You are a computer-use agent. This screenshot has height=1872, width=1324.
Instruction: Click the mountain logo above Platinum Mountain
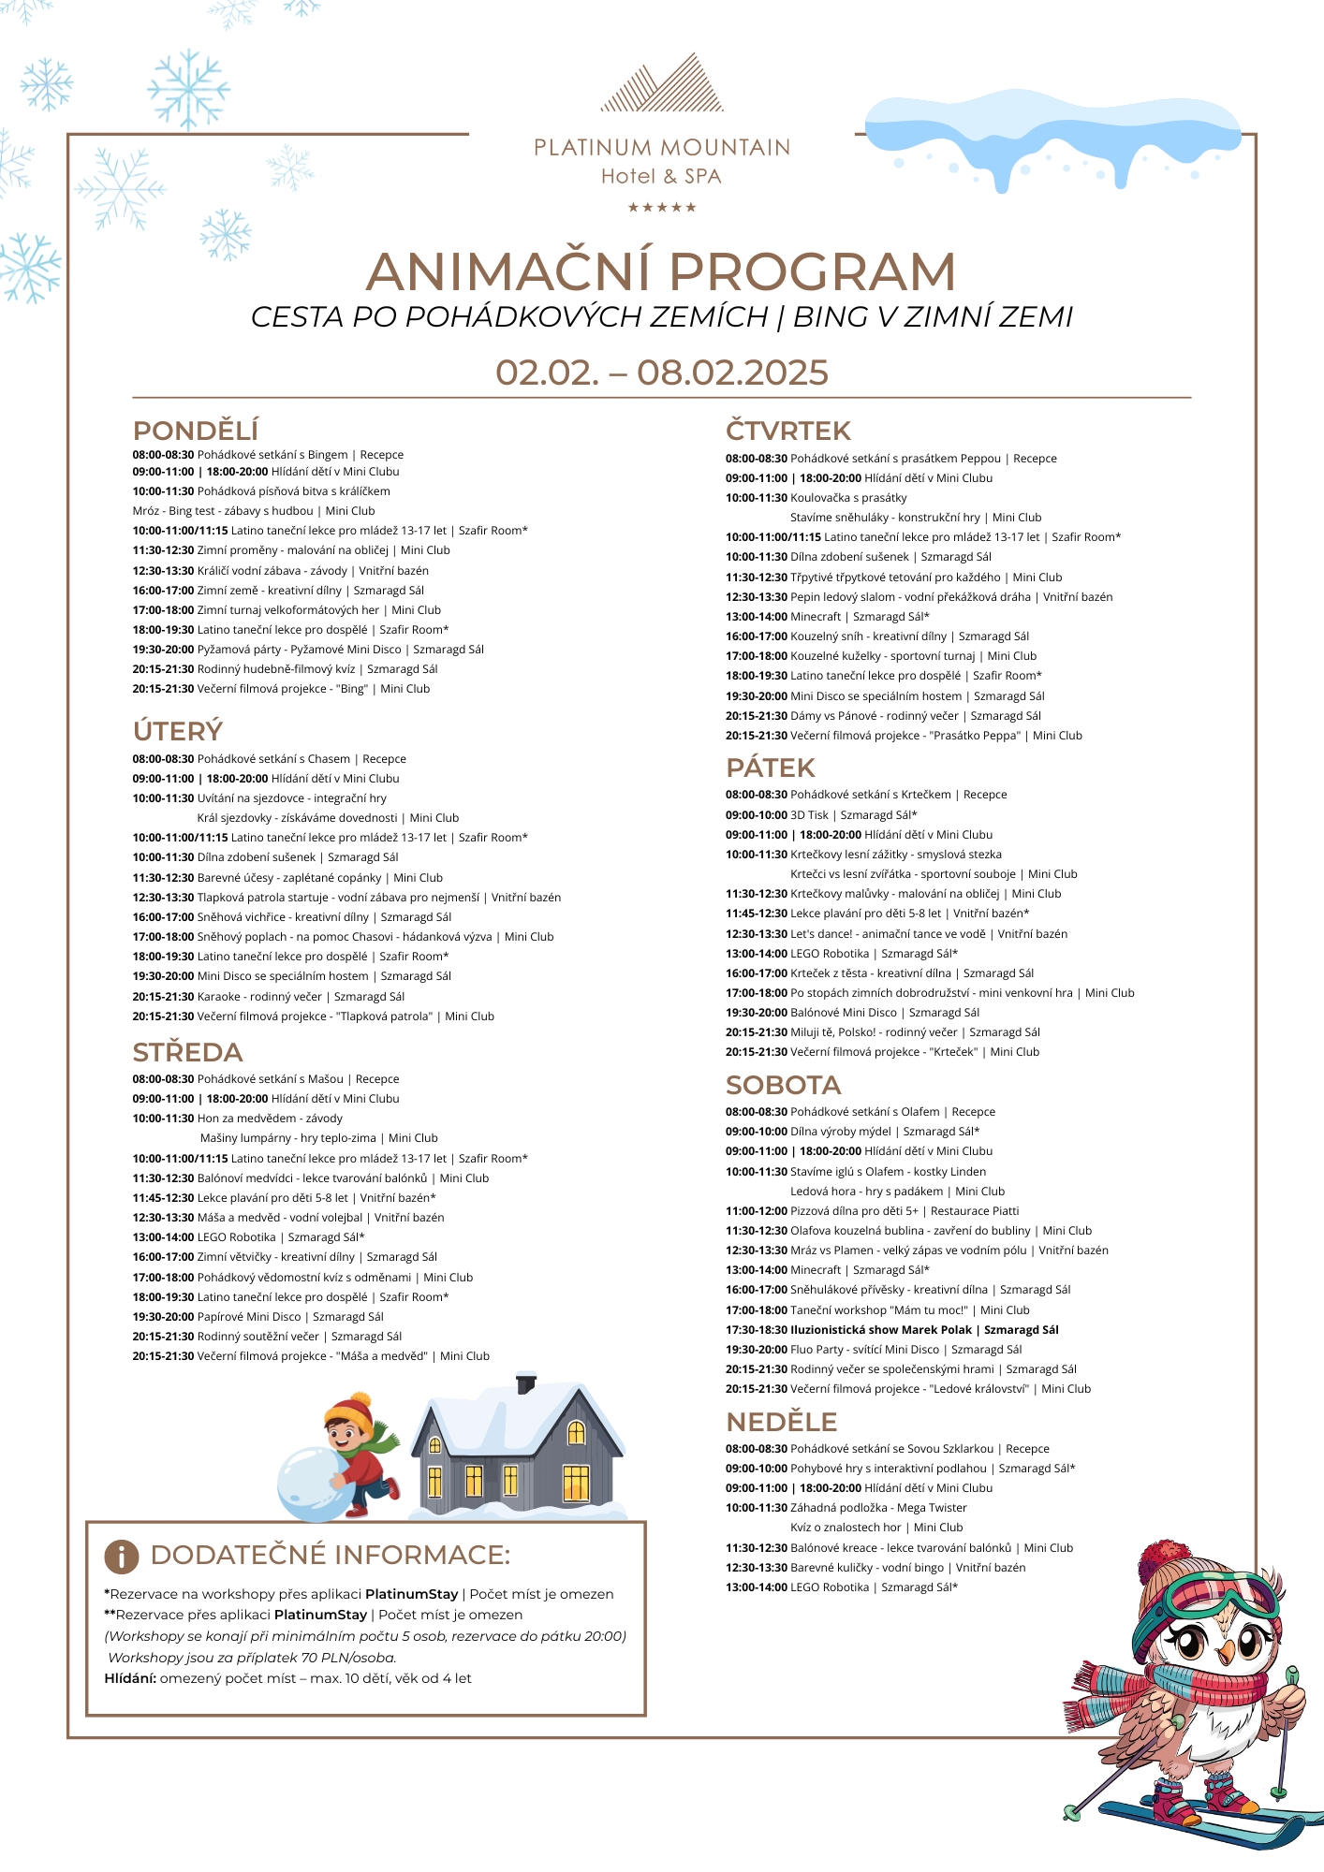tap(661, 84)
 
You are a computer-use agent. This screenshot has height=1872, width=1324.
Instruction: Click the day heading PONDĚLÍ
tap(195, 431)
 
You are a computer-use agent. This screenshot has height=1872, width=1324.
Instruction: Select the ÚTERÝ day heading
tap(178, 730)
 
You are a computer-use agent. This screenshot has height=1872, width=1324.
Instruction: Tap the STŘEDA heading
tap(187, 1052)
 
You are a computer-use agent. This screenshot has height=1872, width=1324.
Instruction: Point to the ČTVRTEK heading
tap(787, 431)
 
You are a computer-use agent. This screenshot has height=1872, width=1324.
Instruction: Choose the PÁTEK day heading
tap(770, 768)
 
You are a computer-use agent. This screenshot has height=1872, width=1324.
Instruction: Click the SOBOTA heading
tap(783, 1085)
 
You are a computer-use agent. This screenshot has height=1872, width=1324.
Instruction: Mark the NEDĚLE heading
tap(781, 1422)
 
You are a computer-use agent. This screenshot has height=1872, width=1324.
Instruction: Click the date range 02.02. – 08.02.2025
tap(661, 373)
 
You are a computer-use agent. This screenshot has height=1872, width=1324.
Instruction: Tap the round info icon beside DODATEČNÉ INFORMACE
tap(122, 1556)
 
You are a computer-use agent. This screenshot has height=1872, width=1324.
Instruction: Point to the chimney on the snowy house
tap(526, 1383)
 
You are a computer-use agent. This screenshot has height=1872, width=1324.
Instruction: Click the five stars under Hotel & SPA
tap(661, 207)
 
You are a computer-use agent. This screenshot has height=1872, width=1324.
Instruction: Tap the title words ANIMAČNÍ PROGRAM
tap(661, 271)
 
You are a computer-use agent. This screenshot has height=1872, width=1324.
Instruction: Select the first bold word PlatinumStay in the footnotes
tap(411, 1594)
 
